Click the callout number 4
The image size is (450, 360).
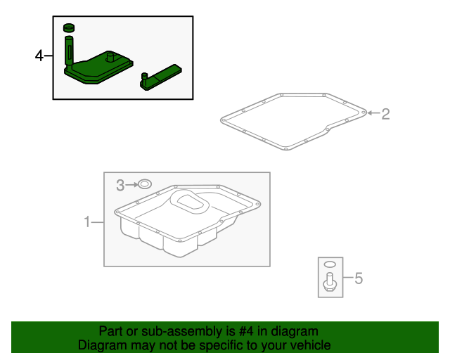point(39,56)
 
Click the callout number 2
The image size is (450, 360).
point(385,113)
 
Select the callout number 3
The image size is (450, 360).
point(120,185)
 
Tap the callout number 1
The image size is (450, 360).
point(88,223)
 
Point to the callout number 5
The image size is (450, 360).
point(358,279)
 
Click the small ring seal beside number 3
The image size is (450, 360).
point(144,184)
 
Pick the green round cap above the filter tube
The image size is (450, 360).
point(69,28)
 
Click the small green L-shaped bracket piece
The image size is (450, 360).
point(161,76)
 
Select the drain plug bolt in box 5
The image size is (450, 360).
point(329,283)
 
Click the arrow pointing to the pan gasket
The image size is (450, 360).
point(373,112)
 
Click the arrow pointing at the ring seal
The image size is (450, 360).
point(131,185)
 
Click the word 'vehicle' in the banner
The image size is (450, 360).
point(310,345)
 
